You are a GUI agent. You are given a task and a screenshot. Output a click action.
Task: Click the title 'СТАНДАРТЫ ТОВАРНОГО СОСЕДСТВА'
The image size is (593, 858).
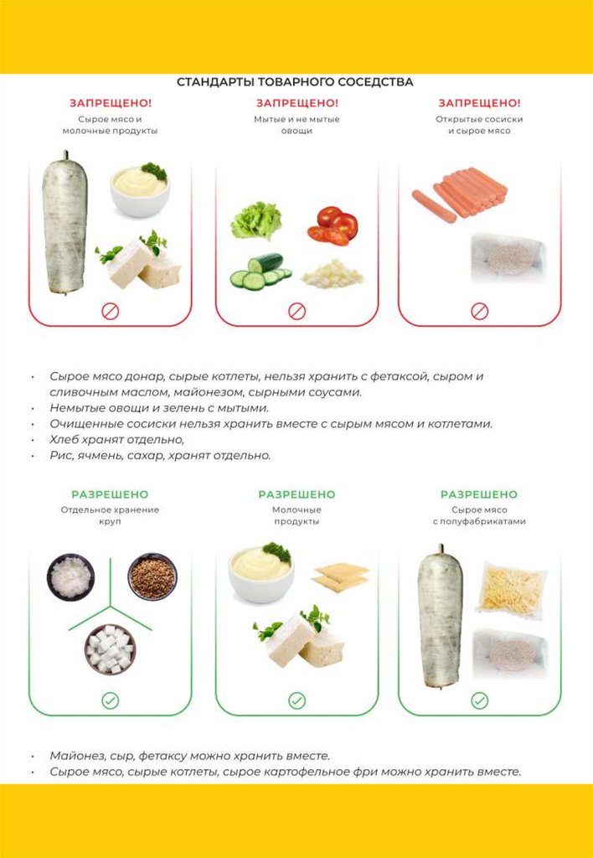pyautogui.click(x=295, y=82)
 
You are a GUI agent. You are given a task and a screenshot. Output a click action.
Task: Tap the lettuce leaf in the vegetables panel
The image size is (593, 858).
pyautogui.click(x=255, y=220)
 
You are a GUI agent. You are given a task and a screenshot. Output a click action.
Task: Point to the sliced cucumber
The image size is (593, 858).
pyautogui.click(x=260, y=271)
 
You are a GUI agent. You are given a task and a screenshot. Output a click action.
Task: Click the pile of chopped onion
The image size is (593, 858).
pyautogui.click(x=333, y=274)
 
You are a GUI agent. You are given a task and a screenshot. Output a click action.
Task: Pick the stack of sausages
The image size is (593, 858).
pyautogui.click(x=460, y=194)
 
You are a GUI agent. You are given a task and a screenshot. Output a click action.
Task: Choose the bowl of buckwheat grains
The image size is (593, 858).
pyautogui.click(x=152, y=576)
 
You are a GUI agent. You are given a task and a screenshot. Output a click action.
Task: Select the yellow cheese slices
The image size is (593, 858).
pyautogui.click(x=340, y=576)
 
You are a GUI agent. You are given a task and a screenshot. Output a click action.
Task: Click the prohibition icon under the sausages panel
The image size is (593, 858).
pyautogui.click(x=479, y=312)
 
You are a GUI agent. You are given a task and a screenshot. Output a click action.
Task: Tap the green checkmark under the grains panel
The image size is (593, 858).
pyautogui.click(x=110, y=700)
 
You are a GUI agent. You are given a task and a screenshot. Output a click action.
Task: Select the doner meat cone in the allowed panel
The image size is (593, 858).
pyautogui.click(x=441, y=617)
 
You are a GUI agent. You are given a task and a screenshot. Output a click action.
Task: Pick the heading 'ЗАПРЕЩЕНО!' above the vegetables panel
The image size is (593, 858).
pyautogui.click(x=297, y=103)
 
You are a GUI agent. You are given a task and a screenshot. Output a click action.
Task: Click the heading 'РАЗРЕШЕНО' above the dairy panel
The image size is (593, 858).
pyautogui.click(x=296, y=494)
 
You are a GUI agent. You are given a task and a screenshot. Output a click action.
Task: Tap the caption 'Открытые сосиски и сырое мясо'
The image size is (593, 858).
pyautogui.click(x=479, y=126)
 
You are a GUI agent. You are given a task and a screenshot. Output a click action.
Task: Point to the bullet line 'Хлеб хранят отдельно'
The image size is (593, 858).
pyautogui.click(x=117, y=439)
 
